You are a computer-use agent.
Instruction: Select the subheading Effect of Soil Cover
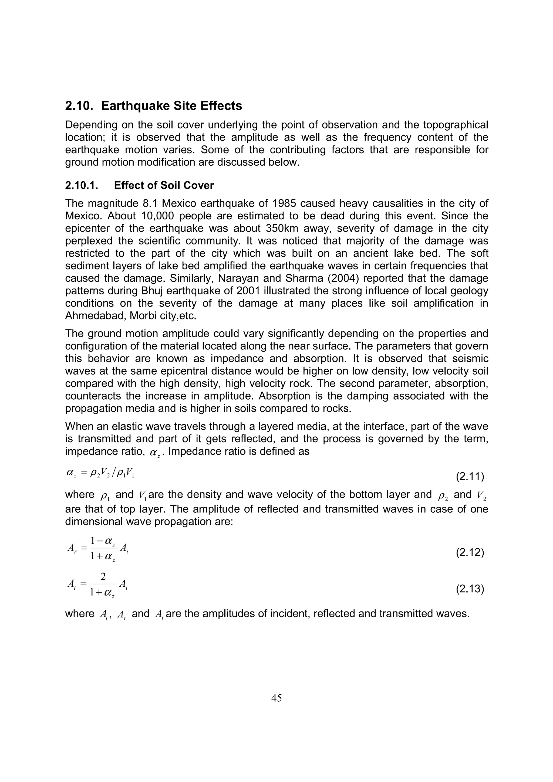164,185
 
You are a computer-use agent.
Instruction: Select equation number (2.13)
470,589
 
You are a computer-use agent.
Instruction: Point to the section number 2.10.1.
82,185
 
